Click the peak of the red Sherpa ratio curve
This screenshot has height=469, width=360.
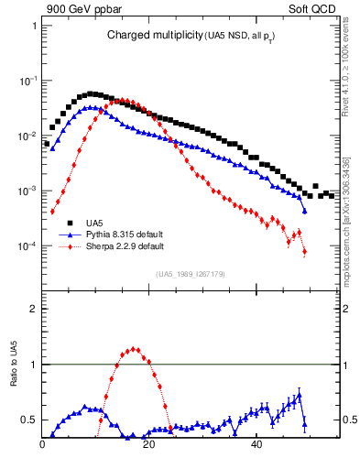135,348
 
